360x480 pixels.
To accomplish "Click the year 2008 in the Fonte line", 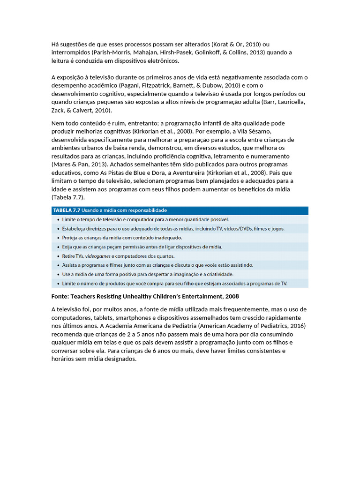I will (232, 296).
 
